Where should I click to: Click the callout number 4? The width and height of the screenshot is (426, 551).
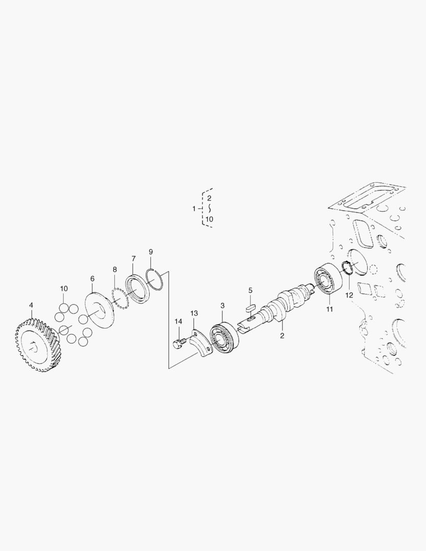click(x=31, y=305)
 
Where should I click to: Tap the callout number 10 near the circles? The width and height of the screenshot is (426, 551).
click(x=64, y=289)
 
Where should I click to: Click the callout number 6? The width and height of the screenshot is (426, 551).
click(x=92, y=279)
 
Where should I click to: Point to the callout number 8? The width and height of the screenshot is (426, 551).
click(x=115, y=269)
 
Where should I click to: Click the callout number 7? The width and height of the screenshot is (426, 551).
click(x=133, y=259)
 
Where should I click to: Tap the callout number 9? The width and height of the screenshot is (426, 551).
click(x=151, y=252)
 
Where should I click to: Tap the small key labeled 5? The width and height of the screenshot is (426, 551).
click(x=250, y=307)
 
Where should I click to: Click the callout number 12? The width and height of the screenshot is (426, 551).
click(x=349, y=295)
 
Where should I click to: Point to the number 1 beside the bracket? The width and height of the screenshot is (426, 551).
click(x=194, y=209)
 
